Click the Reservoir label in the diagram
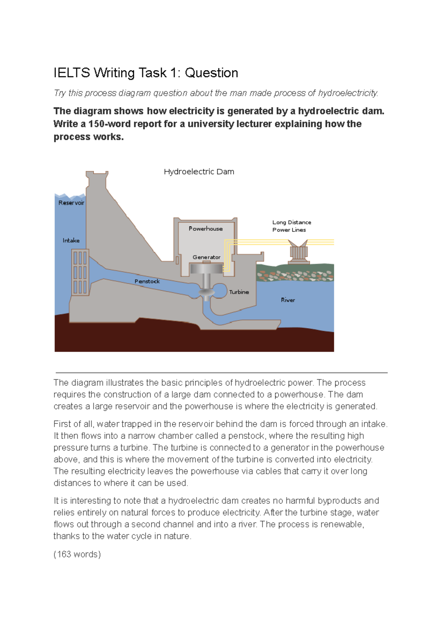click(x=71, y=203)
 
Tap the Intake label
click(x=71, y=241)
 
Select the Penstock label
click(x=147, y=281)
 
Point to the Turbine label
click(x=239, y=292)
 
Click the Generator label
click(x=206, y=257)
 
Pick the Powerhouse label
click(x=206, y=229)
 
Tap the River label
click(x=288, y=300)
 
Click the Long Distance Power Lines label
click(x=292, y=226)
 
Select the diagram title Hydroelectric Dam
click(x=199, y=172)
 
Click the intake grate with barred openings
click(x=80, y=272)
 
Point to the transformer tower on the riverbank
click(x=299, y=252)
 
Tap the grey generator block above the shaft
click(x=206, y=268)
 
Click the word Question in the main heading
click(x=211, y=73)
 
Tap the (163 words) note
click(x=77, y=554)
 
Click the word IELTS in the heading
click(x=71, y=73)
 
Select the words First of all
click(x=74, y=424)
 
